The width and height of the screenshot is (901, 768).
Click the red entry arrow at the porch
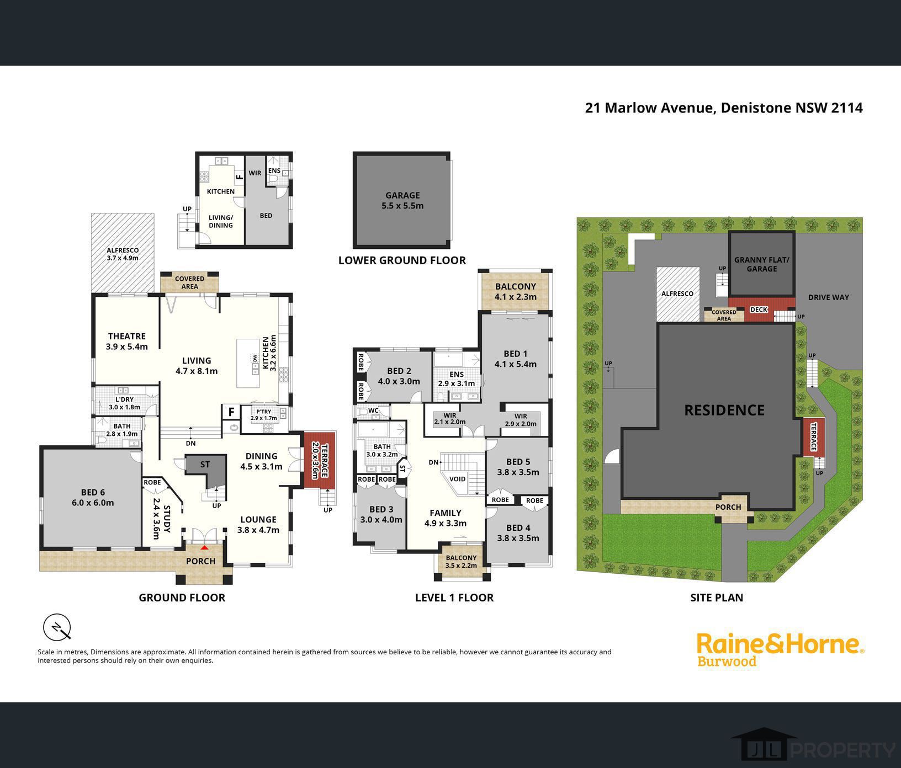pos(205,547)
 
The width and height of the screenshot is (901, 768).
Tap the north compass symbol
pos(57,627)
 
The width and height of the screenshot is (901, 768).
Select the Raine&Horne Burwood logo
pos(780,650)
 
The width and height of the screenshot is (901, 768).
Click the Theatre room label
pos(127,342)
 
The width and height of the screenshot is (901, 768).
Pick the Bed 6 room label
pos(93,498)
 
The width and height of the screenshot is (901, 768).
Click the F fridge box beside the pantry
pos(231,412)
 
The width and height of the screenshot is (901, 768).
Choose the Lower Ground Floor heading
pos(402,260)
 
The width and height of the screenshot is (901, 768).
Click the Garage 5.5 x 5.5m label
pos(402,200)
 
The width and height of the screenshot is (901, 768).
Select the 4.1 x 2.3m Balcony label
pos(516,291)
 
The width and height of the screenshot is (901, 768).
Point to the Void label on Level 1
pos(457,479)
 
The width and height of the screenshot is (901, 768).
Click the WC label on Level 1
pos(373,410)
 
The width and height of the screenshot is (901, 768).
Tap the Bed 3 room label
pos(381,514)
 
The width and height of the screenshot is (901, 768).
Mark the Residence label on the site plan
pos(724,410)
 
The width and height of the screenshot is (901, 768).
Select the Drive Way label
pos(829,297)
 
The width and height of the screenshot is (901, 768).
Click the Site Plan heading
pos(717,598)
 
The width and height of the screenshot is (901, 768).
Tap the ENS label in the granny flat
pos(274,171)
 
